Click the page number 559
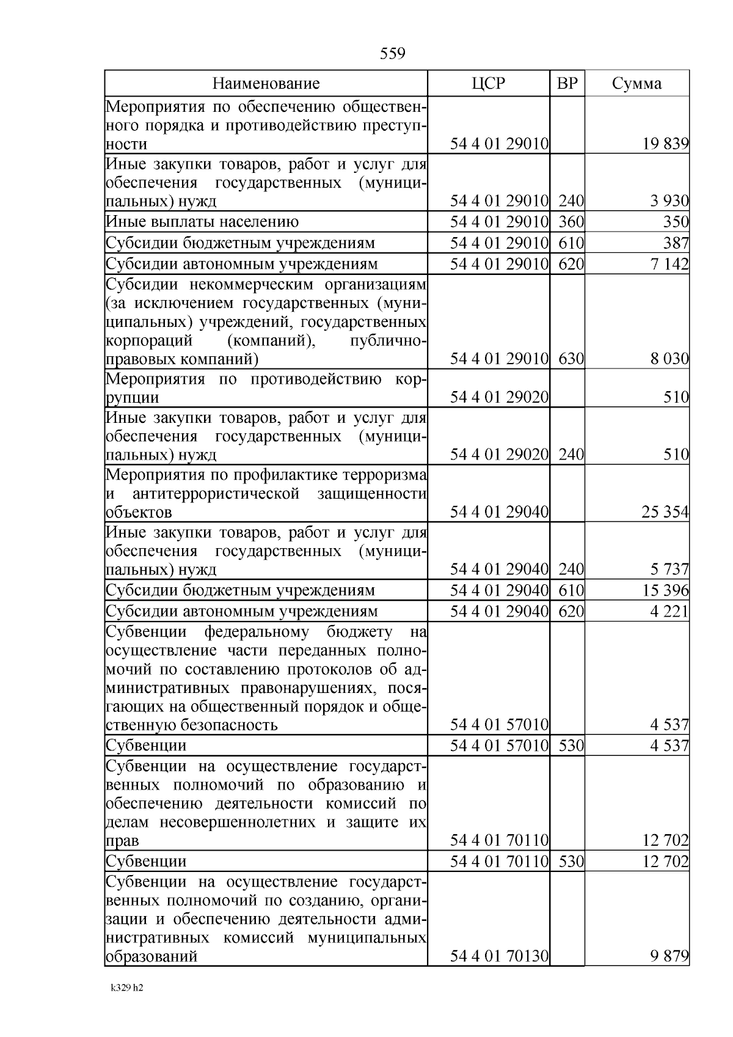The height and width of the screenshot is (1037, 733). point(392,54)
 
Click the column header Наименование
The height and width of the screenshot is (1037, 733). point(266,84)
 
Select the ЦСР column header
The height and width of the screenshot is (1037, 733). point(489,84)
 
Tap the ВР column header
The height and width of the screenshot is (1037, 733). point(567,84)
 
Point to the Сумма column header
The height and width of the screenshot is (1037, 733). point(636,84)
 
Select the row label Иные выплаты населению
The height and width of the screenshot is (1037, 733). point(202,222)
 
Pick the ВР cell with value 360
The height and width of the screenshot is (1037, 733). point(571,222)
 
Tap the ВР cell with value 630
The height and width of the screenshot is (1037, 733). point(571,359)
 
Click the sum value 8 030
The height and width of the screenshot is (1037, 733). point(669,359)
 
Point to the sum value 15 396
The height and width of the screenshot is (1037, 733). point(665,591)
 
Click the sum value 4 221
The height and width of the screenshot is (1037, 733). point(669,612)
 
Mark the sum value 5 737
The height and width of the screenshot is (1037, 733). point(669,570)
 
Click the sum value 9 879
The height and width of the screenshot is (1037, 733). point(669,956)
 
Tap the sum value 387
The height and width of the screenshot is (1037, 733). point(676,243)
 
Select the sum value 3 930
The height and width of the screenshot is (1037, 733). point(669,200)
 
